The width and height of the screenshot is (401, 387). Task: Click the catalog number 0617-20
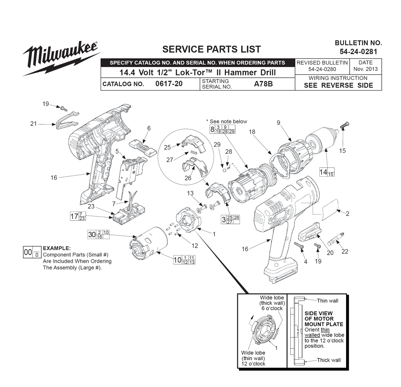click(169, 84)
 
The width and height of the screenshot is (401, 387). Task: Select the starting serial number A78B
click(263, 84)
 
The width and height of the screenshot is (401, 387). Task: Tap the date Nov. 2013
click(365, 69)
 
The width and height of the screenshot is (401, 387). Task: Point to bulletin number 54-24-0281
click(358, 52)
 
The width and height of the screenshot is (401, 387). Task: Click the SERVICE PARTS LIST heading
click(211, 49)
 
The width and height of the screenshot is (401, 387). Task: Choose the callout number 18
click(252, 132)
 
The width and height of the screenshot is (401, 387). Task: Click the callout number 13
click(190, 193)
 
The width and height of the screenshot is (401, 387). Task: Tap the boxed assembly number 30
click(91, 234)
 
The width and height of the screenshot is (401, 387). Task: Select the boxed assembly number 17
click(74, 216)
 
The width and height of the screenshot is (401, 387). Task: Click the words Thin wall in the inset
click(328, 301)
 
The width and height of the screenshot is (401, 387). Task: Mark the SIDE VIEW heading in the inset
click(318, 313)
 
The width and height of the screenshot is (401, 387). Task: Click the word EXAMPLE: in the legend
click(57, 248)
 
